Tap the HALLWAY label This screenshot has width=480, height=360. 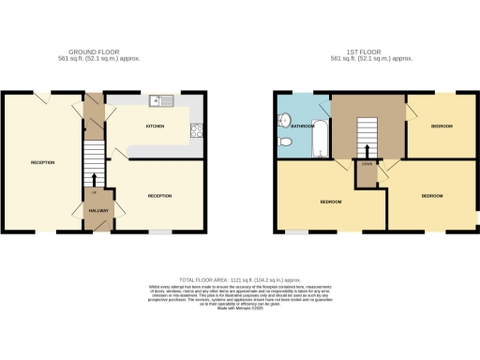tap(99, 211)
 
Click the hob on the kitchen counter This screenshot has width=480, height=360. tap(198, 130)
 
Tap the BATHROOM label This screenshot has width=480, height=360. tap(302, 125)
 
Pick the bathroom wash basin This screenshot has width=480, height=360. tap(282, 120)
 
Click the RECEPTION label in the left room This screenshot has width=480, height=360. tap(42, 163)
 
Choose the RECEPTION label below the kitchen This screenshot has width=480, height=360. tap(159, 195)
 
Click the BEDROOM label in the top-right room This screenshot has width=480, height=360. tap(442, 126)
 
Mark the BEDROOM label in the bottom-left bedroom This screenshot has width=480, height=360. tap(331, 202)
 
